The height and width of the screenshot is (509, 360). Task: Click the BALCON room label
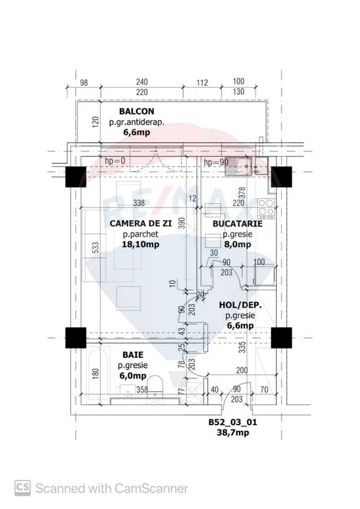point(137,111)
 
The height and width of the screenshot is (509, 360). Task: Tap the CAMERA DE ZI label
point(141,223)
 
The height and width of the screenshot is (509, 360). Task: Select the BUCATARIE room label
point(238,223)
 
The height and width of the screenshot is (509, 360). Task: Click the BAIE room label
point(133,355)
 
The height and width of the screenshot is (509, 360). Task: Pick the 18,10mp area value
point(141,244)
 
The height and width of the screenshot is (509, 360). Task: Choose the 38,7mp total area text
point(233,432)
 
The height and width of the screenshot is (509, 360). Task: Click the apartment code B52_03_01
point(232,422)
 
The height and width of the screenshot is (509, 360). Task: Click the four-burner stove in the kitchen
point(266,208)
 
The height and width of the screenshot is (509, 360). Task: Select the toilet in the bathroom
point(156,388)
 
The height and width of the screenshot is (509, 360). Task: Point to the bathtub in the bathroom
point(98,374)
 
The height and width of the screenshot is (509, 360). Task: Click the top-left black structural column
point(76,177)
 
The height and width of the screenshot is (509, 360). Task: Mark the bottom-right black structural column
point(281,337)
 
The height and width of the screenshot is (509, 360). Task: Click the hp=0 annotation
point(115,161)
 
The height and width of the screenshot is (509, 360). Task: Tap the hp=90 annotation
point(215,162)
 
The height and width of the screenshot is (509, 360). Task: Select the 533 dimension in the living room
point(96,248)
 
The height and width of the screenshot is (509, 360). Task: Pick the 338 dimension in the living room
point(139,203)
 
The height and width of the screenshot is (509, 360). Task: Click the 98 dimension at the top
point(84,83)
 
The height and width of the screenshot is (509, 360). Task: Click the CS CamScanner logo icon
point(23,488)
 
